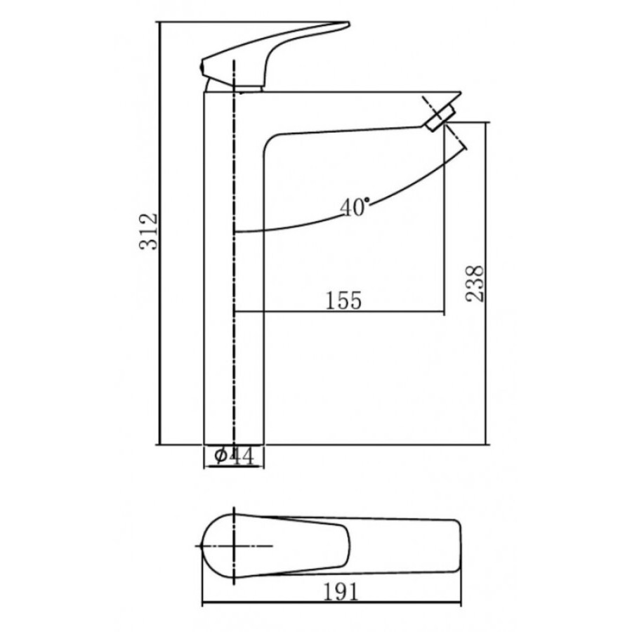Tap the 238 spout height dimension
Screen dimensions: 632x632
[475, 284]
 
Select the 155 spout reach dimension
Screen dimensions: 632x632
[343, 301]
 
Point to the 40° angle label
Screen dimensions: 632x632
[355, 207]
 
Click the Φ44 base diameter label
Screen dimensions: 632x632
[234, 456]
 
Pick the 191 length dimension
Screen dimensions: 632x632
[341, 593]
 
